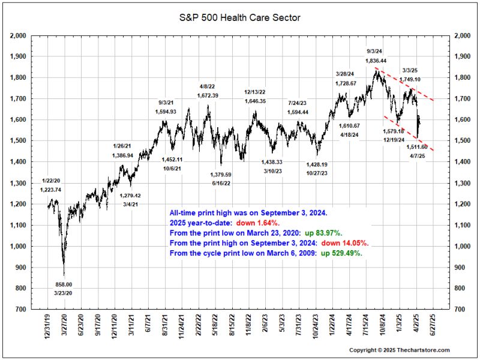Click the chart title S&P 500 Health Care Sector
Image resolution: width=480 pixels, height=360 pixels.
click(240, 17)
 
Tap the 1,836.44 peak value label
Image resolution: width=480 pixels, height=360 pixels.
click(376, 61)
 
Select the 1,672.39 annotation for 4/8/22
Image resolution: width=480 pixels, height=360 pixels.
click(208, 95)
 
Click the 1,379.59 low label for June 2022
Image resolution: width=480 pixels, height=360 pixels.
click(220, 175)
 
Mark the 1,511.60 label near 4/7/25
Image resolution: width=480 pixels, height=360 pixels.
click(416, 147)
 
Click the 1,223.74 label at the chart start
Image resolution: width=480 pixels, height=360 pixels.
click(50, 190)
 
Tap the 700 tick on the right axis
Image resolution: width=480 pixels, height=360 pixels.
click(459, 310)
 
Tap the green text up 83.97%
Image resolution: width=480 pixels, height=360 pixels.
click(331, 233)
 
